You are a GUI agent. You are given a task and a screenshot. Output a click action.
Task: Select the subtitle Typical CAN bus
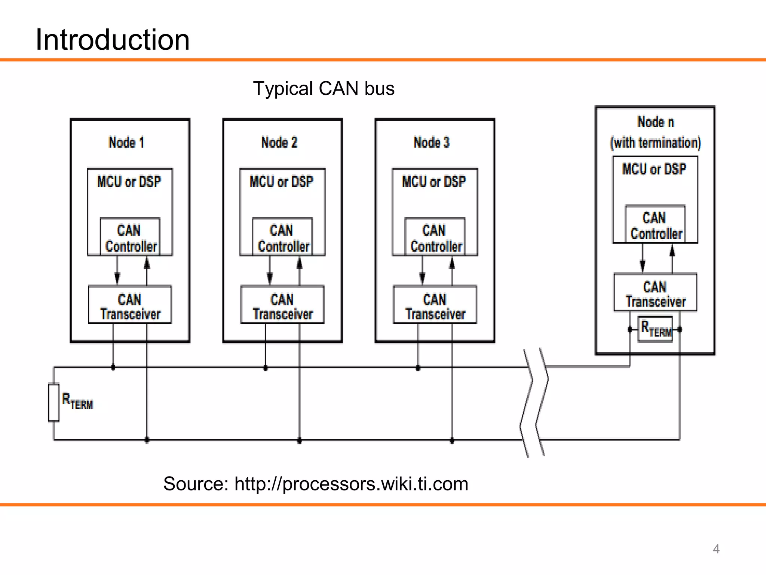(324, 89)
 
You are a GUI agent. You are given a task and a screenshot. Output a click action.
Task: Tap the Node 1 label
(126, 143)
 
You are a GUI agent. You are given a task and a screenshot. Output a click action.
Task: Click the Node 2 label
(279, 143)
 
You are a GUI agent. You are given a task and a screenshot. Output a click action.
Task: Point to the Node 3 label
(431, 143)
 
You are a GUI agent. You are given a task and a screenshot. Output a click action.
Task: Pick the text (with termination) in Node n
(655, 143)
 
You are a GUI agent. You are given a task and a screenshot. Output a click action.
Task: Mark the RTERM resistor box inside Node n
(655, 329)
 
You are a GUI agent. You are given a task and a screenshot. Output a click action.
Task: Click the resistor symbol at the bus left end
(54, 402)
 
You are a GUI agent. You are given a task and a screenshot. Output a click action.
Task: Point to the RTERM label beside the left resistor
(77, 401)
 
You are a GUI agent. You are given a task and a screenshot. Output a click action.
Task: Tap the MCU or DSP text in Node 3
(434, 182)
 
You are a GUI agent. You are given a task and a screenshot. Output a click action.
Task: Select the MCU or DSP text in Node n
(654, 169)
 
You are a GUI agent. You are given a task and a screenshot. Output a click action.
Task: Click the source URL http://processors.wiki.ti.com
(351, 484)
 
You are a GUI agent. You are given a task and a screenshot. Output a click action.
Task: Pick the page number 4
(716, 549)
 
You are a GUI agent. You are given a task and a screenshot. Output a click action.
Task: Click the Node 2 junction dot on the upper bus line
(266, 368)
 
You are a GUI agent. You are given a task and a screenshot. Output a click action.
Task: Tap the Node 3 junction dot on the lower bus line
(452, 441)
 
